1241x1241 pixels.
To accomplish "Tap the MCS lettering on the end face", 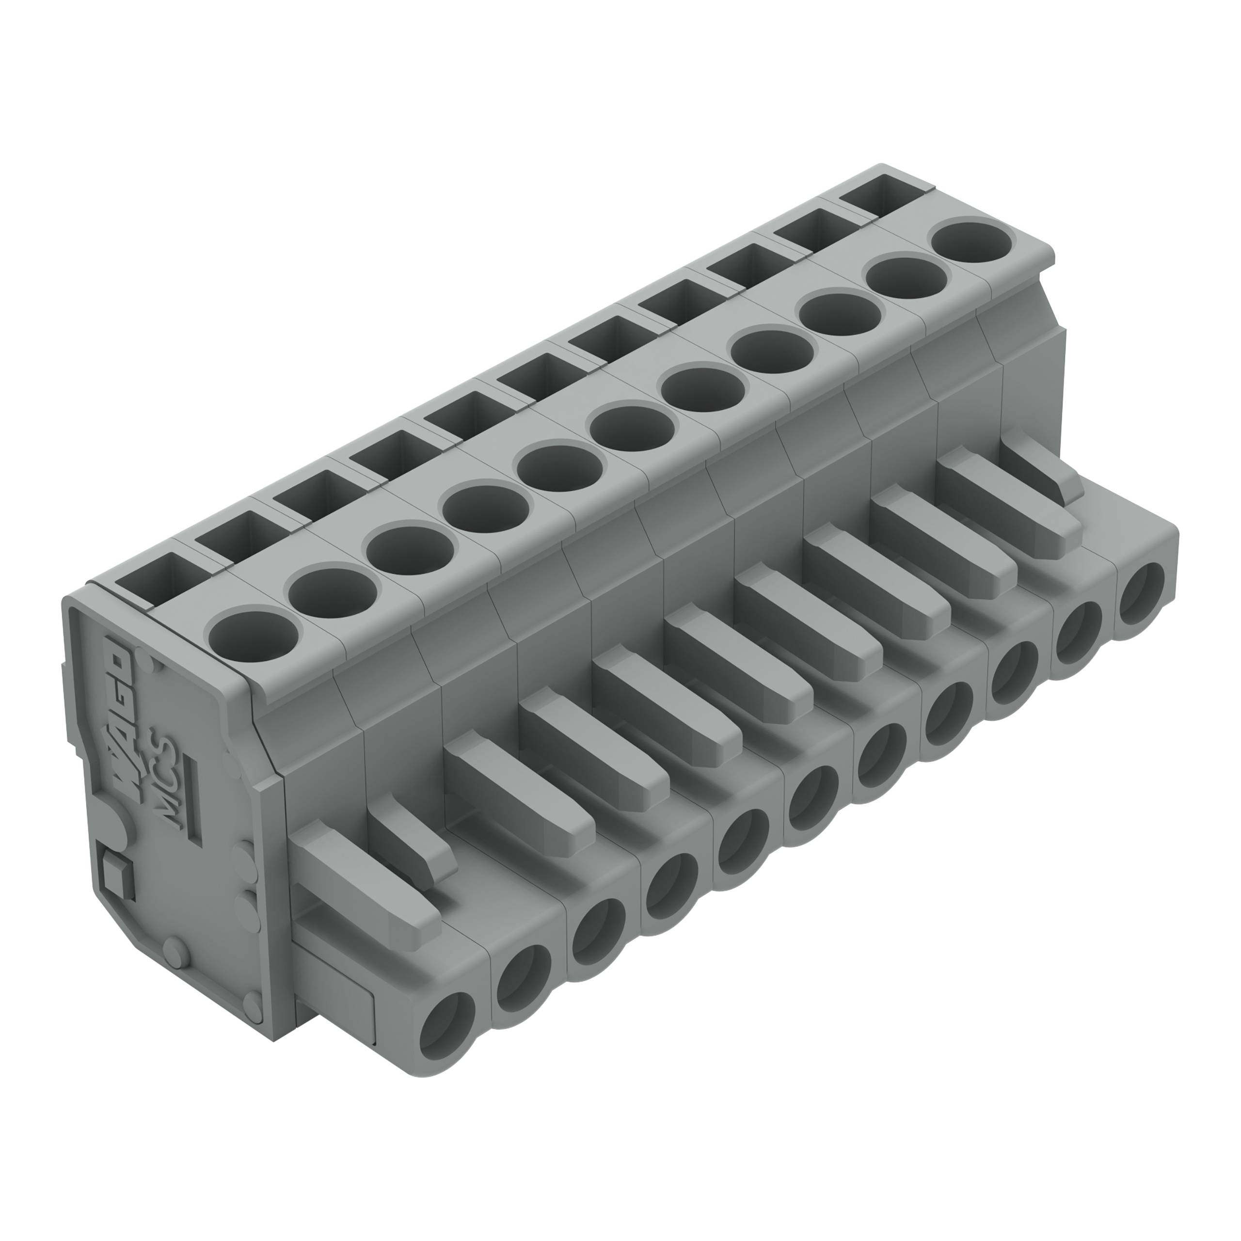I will tap(168, 777).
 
